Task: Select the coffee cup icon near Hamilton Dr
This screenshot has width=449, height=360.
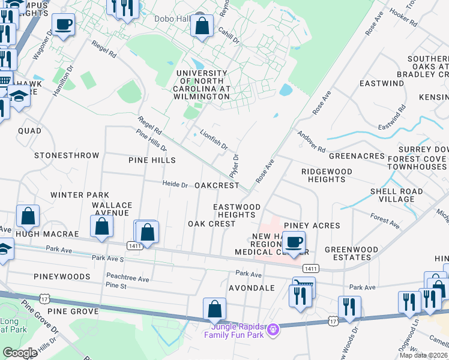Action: (63, 25)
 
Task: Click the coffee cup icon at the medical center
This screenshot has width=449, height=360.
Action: (294, 242)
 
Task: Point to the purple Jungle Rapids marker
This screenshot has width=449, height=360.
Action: (274, 329)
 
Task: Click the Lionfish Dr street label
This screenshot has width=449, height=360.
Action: (214, 139)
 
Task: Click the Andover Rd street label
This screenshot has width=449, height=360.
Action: (312, 142)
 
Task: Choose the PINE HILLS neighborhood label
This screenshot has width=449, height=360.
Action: (152, 160)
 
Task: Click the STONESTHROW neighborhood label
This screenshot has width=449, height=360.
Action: (67, 155)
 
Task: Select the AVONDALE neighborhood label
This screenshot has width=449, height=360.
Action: (252, 288)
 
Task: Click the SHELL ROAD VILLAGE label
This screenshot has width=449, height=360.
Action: (397, 195)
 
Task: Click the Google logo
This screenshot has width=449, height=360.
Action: (20, 353)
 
